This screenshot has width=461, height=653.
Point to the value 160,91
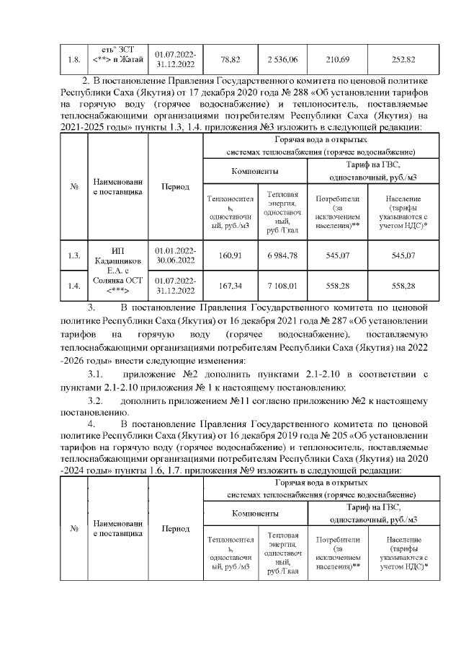(x=230, y=255)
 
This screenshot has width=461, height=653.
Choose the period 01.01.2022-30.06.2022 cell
(x=175, y=255)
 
